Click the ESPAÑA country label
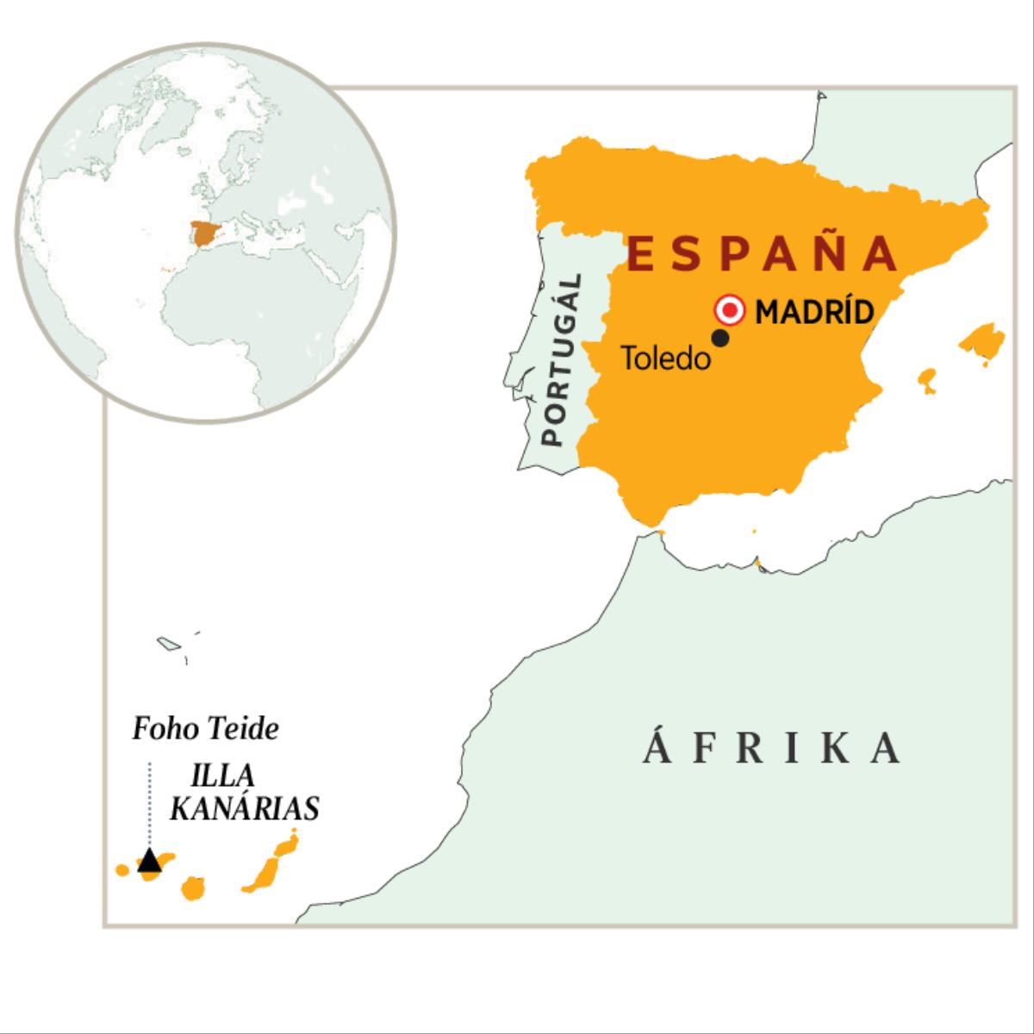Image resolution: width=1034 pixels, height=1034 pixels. [x=762, y=253]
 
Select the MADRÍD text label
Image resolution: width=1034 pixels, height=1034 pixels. [x=814, y=311]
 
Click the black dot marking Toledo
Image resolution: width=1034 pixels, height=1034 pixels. [x=721, y=339]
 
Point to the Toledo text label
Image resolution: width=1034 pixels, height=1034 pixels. [x=666, y=358]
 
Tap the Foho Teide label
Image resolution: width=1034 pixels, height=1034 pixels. [x=206, y=730]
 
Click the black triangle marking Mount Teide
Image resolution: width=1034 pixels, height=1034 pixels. [x=149, y=860]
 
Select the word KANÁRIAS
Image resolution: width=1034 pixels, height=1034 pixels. [x=245, y=808]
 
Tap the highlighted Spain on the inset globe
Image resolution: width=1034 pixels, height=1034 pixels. [x=204, y=233]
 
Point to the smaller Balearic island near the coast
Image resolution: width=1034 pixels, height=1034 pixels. [x=927, y=380]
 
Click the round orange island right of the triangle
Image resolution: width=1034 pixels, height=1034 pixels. [x=192, y=888]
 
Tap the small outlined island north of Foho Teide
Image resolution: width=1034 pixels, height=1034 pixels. [x=166, y=643]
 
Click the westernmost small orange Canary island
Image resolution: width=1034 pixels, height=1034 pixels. [x=122, y=869]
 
